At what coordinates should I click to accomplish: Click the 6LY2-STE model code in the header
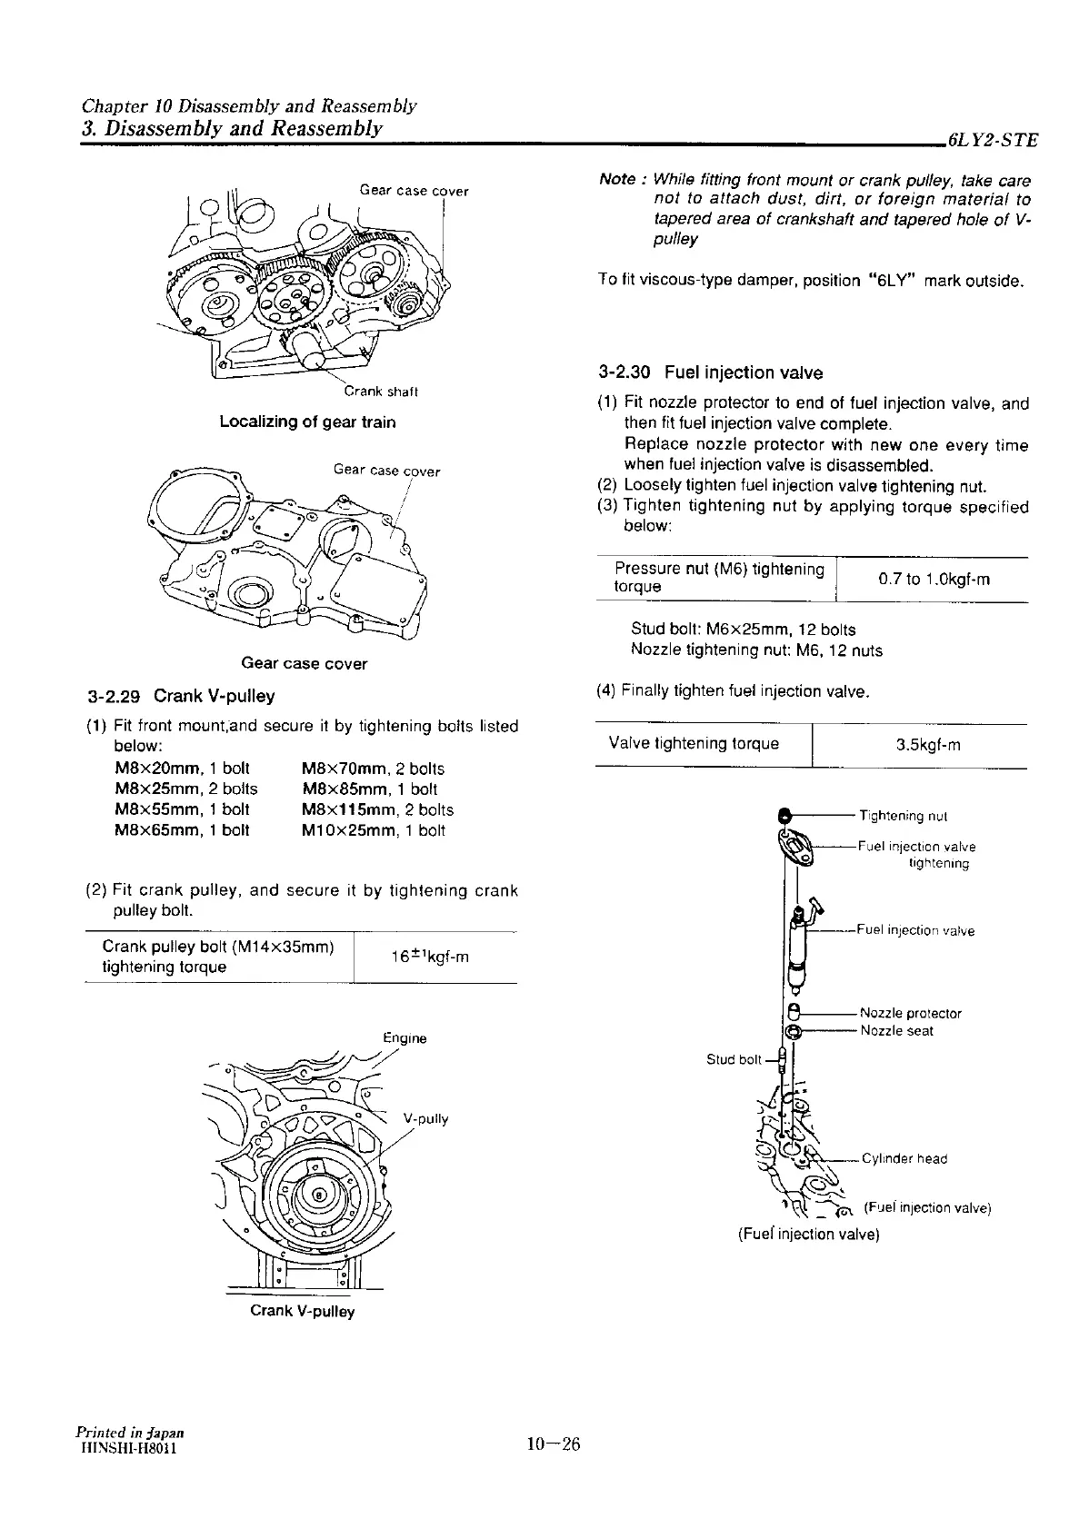[x=992, y=141]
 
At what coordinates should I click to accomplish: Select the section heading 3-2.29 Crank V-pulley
[x=181, y=697]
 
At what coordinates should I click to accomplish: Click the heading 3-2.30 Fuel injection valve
[x=710, y=372]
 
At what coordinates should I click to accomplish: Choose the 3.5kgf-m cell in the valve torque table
[x=927, y=745]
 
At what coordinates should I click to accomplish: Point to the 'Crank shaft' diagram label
[x=380, y=392]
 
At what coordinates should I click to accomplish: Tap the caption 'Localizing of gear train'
[x=307, y=422]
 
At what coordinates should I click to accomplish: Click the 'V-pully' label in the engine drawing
[x=425, y=1118]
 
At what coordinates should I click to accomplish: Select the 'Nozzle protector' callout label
[x=910, y=1013]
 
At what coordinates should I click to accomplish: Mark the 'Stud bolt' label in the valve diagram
[x=734, y=1059]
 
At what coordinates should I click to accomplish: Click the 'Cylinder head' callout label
[x=904, y=1158]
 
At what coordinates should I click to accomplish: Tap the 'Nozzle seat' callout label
[x=896, y=1031]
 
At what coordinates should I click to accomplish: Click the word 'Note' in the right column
[x=617, y=179]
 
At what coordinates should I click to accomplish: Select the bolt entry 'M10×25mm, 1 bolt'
[x=373, y=830]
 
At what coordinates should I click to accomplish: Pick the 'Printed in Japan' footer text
[x=125, y=1433]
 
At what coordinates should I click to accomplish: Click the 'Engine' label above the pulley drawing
[x=405, y=1037]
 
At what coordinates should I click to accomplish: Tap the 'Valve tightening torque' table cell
[x=694, y=744]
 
